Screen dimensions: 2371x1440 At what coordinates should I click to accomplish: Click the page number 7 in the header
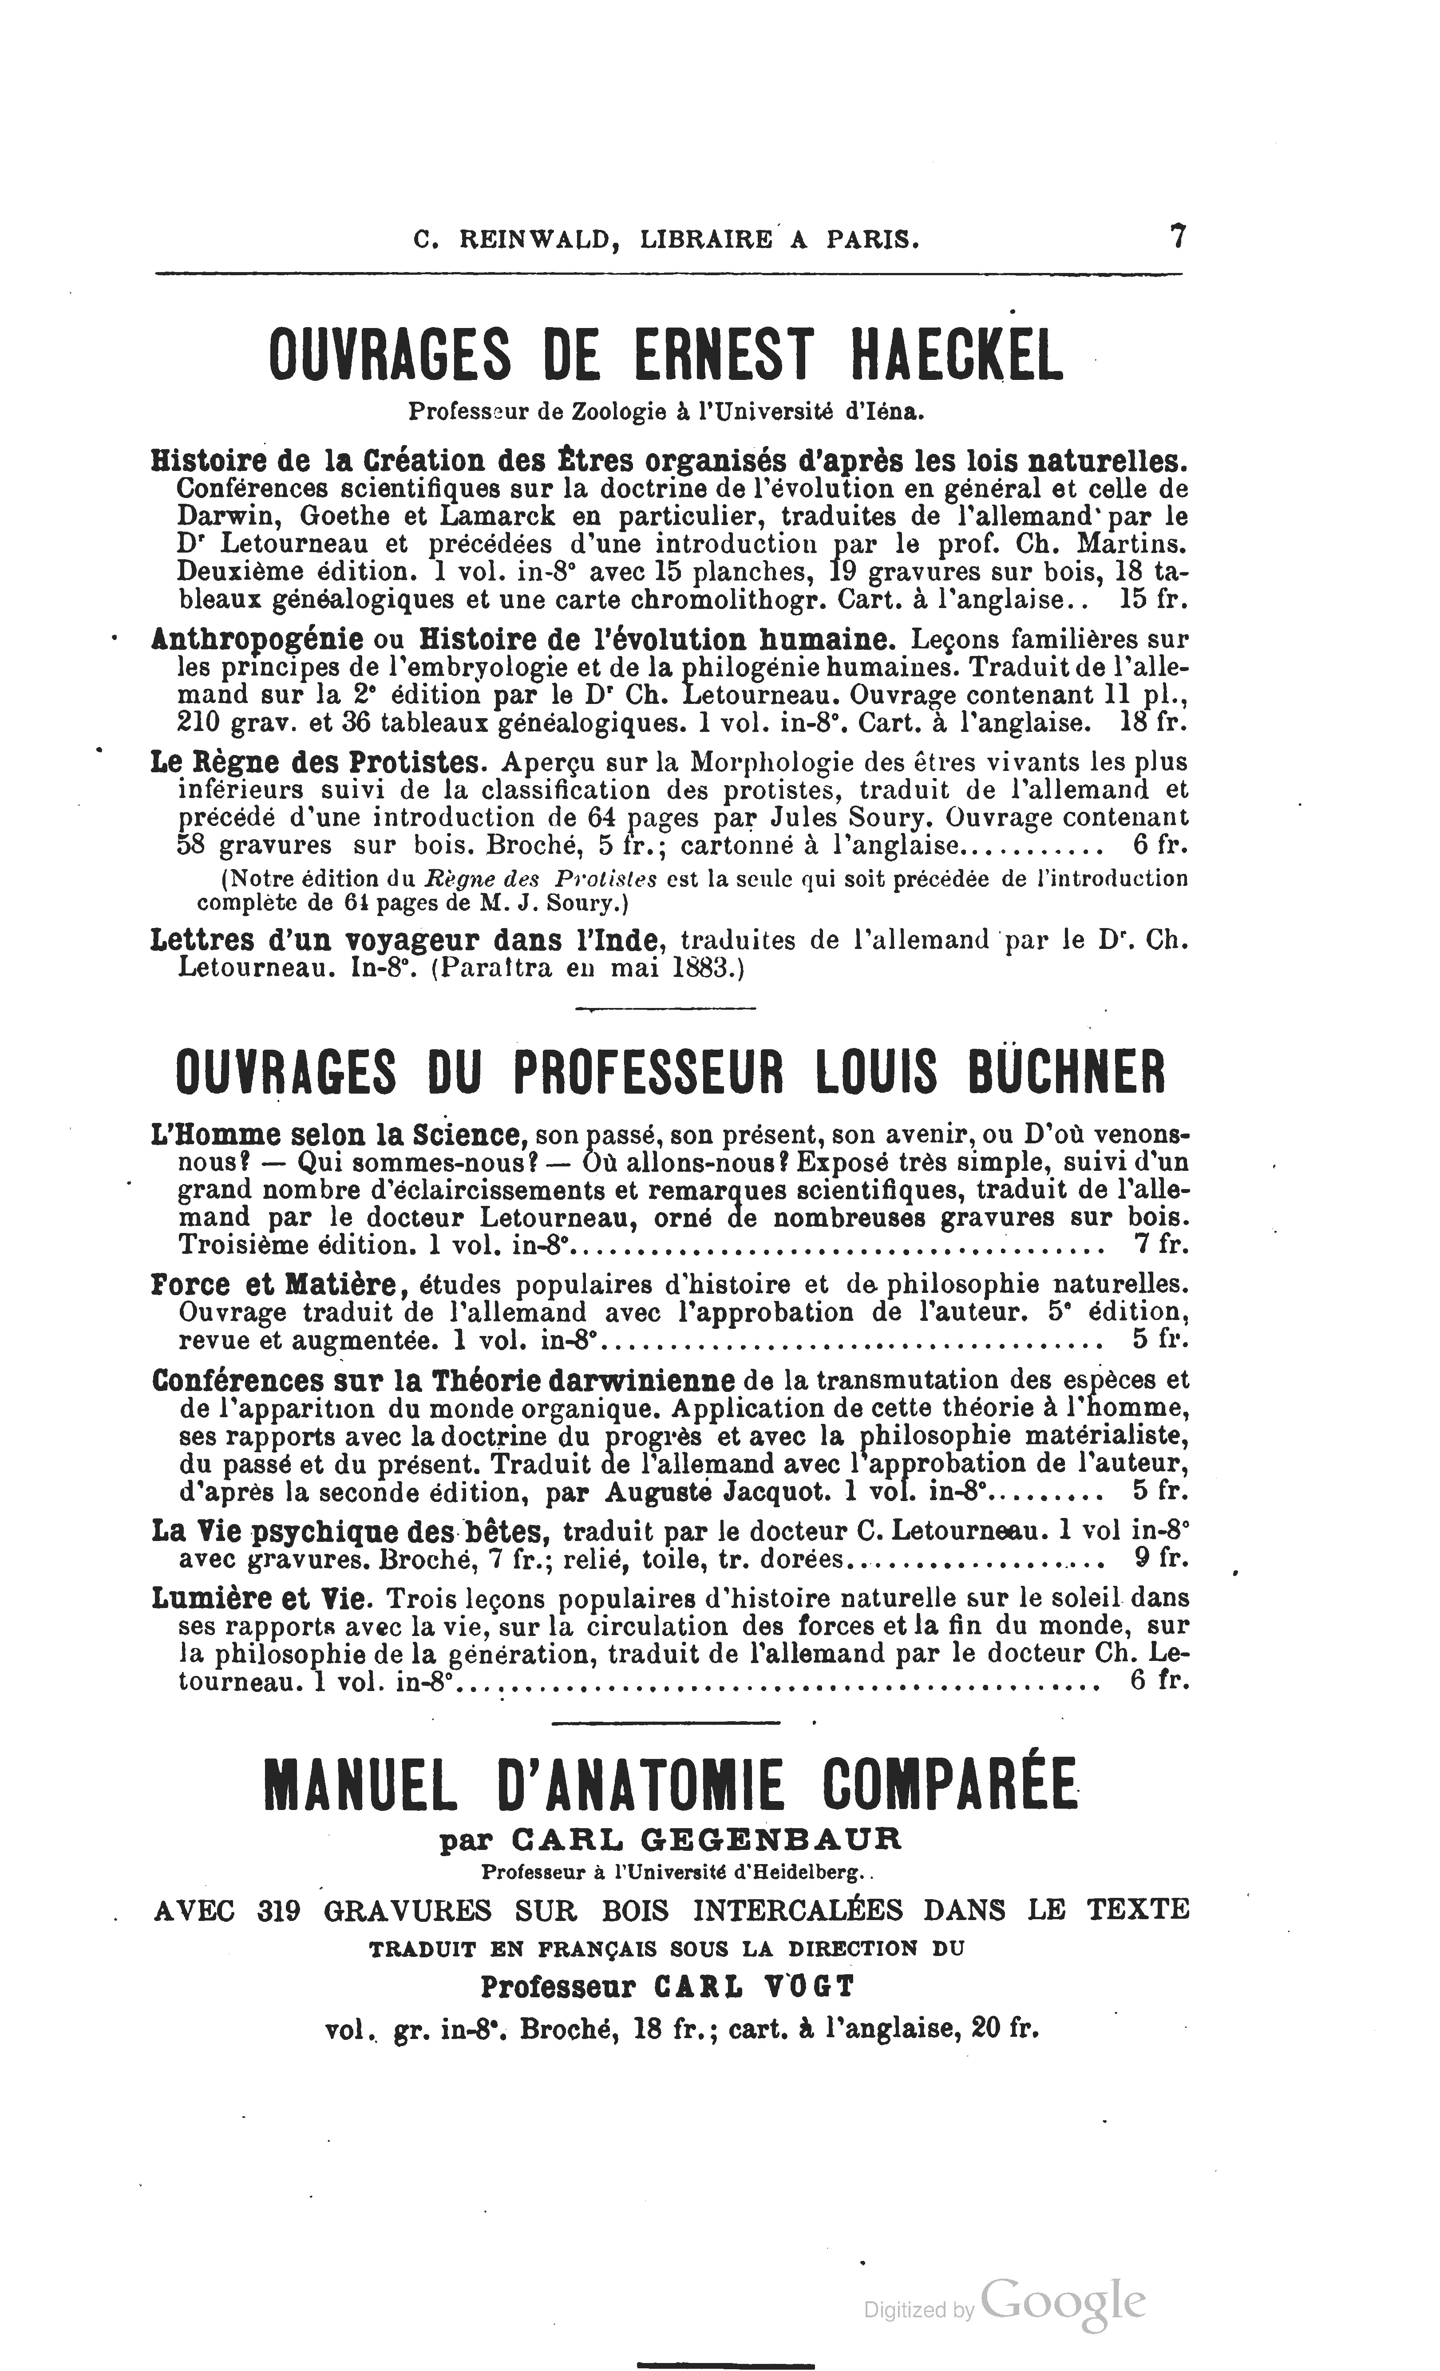1176,237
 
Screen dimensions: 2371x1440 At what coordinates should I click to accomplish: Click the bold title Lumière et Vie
260,1598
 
